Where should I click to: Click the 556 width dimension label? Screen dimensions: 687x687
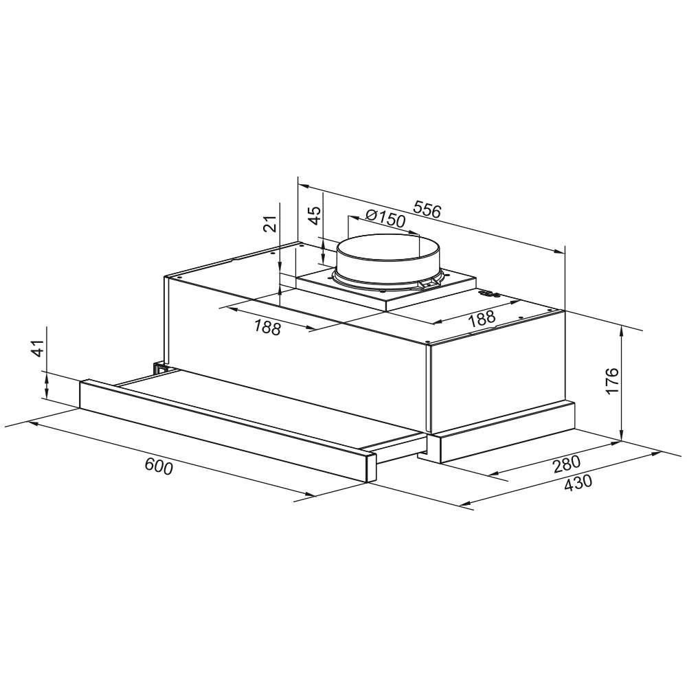[x=427, y=210]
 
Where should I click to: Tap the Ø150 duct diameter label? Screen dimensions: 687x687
[x=385, y=218]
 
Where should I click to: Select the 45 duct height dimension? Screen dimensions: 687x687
[x=315, y=215]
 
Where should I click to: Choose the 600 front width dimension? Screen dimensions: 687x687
[x=159, y=466]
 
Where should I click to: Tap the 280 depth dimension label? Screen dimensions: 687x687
[x=567, y=464]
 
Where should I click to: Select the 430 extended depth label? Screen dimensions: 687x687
[x=578, y=483]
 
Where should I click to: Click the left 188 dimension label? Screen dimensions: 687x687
[x=267, y=327]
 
